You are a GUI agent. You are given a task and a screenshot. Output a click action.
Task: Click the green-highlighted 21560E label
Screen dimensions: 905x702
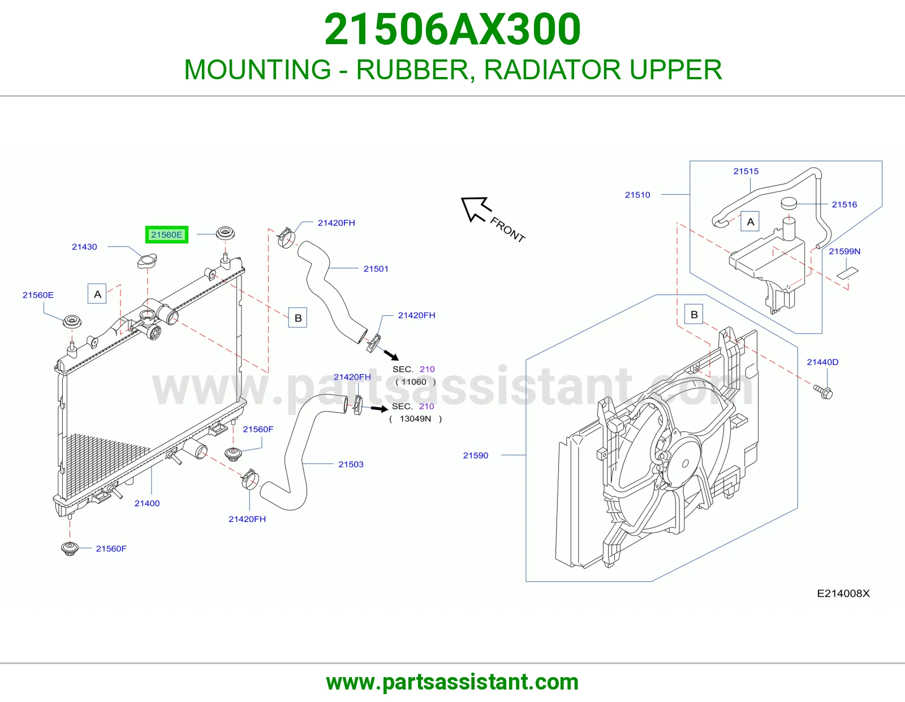[x=167, y=235]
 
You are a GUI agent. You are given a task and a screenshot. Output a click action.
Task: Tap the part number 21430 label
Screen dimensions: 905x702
[x=84, y=247]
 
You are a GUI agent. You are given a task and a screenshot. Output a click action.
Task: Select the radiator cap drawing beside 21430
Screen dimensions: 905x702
[x=147, y=260]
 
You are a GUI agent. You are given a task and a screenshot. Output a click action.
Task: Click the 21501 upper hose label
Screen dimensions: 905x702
[x=376, y=269]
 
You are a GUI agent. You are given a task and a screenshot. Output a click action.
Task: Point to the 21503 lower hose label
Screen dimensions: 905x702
[x=351, y=464]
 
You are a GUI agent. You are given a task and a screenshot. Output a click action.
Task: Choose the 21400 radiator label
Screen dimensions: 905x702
[x=147, y=503]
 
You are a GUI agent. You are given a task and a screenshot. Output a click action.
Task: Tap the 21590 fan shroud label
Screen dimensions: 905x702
[x=476, y=455]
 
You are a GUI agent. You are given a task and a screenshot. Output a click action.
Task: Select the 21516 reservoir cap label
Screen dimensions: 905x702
[x=844, y=204]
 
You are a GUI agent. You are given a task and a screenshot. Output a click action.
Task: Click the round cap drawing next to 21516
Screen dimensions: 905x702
[x=789, y=203]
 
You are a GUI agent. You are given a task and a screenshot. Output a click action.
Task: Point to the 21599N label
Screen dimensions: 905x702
[x=844, y=251]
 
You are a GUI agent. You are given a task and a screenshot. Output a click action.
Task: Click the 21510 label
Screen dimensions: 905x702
[x=637, y=195]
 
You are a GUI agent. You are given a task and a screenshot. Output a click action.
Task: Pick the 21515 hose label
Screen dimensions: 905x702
[x=746, y=172]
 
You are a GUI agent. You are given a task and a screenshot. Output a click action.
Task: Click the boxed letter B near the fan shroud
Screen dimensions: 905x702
[x=694, y=314]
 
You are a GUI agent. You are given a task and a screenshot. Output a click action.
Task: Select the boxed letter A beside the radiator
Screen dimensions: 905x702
[x=97, y=294]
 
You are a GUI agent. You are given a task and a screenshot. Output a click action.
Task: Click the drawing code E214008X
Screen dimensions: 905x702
[x=843, y=594]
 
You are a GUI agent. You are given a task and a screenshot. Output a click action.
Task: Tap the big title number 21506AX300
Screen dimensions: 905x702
[x=453, y=29]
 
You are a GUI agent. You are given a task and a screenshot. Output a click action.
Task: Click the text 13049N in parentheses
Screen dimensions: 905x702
[x=415, y=418]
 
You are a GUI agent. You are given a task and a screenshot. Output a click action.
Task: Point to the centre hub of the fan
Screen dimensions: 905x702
[x=686, y=464]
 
